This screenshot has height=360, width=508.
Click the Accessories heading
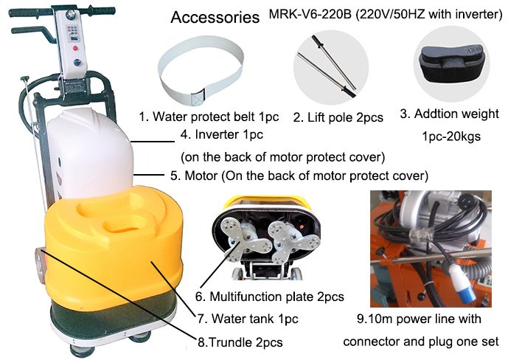click(x=215, y=17)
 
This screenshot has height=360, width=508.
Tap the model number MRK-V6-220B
click(x=310, y=14)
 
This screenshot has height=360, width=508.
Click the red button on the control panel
click(x=75, y=49)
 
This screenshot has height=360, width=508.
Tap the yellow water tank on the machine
click(x=114, y=243)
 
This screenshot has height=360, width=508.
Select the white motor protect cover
click(x=91, y=152)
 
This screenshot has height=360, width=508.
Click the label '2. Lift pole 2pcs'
click(x=338, y=117)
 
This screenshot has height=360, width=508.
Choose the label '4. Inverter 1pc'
click(x=222, y=134)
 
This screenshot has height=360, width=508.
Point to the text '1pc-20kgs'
click(x=451, y=136)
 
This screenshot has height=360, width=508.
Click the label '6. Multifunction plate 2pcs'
click(x=270, y=297)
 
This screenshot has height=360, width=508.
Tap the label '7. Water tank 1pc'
click(x=248, y=319)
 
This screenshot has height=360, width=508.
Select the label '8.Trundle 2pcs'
click(x=240, y=342)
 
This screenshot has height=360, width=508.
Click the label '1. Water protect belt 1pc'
click(x=209, y=117)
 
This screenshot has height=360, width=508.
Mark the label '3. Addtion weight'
click(x=449, y=114)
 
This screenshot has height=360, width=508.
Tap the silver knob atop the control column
click(x=70, y=14)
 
